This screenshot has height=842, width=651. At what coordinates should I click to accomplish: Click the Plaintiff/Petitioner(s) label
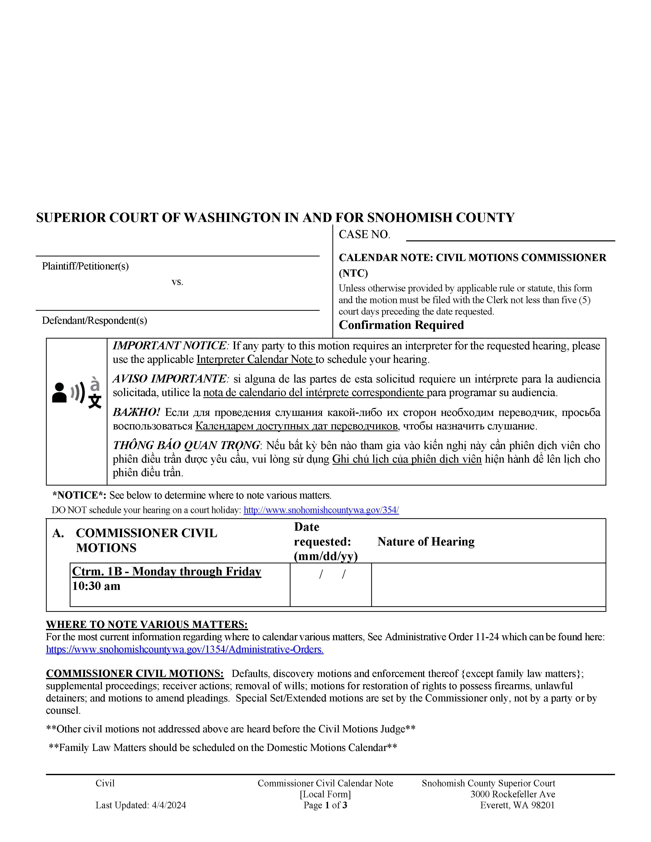pos(85,266)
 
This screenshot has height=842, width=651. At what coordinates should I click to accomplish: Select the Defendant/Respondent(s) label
pos(94,320)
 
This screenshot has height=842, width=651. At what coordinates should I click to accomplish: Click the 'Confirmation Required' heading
pos(401,325)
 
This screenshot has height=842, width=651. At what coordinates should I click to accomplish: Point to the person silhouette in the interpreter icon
pos(59,393)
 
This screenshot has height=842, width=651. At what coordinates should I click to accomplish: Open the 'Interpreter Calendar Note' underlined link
pos(256,359)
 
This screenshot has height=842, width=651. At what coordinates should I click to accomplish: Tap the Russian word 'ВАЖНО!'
pos(136,412)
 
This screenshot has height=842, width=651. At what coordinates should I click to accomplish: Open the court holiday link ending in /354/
pos(321,510)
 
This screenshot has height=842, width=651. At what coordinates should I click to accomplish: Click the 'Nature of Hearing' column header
pos(426,542)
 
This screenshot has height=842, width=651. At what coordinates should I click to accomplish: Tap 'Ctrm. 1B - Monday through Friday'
pos(167,571)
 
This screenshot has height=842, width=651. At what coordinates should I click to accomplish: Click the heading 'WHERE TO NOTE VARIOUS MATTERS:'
pos(147,624)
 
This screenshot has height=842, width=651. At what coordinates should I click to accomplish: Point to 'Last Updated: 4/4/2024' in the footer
pos(141,805)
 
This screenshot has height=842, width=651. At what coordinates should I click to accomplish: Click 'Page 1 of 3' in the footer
pos(325,805)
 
